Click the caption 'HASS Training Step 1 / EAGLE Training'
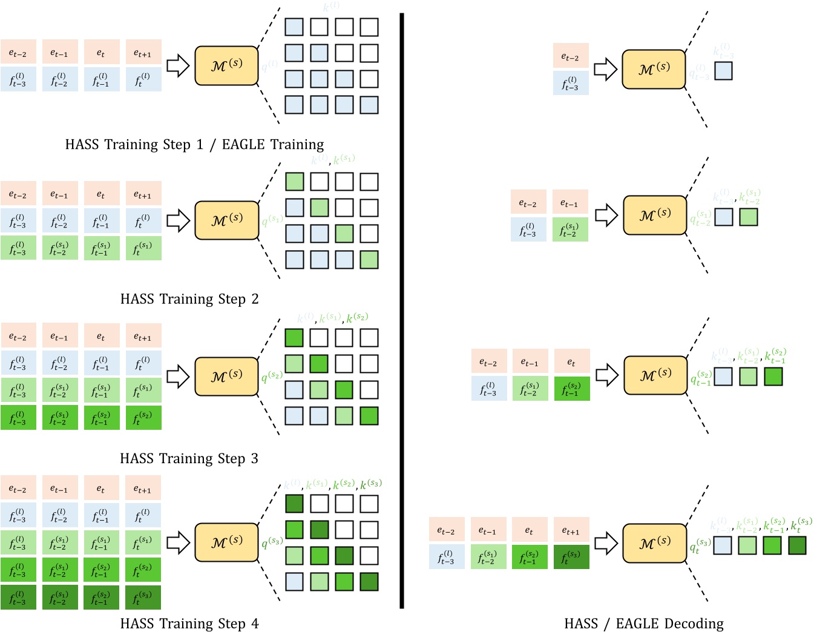[x=194, y=145]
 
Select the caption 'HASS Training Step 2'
[x=189, y=299]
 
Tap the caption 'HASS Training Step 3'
[x=189, y=459]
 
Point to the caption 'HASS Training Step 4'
[x=189, y=624]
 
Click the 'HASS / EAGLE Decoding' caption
[x=643, y=624]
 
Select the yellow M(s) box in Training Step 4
[x=227, y=542]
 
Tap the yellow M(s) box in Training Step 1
[x=227, y=65]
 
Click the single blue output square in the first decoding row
[x=723, y=71]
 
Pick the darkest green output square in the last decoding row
[x=797, y=545]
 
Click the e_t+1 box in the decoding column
[x=571, y=530]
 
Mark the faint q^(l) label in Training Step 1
[x=269, y=65]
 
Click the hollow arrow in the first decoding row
[x=605, y=69]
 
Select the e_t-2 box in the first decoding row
[x=571, y=56]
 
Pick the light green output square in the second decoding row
[x=749, y=217]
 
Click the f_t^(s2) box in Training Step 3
[x=143, y=418]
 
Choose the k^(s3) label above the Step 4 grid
[x=371, y=484]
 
